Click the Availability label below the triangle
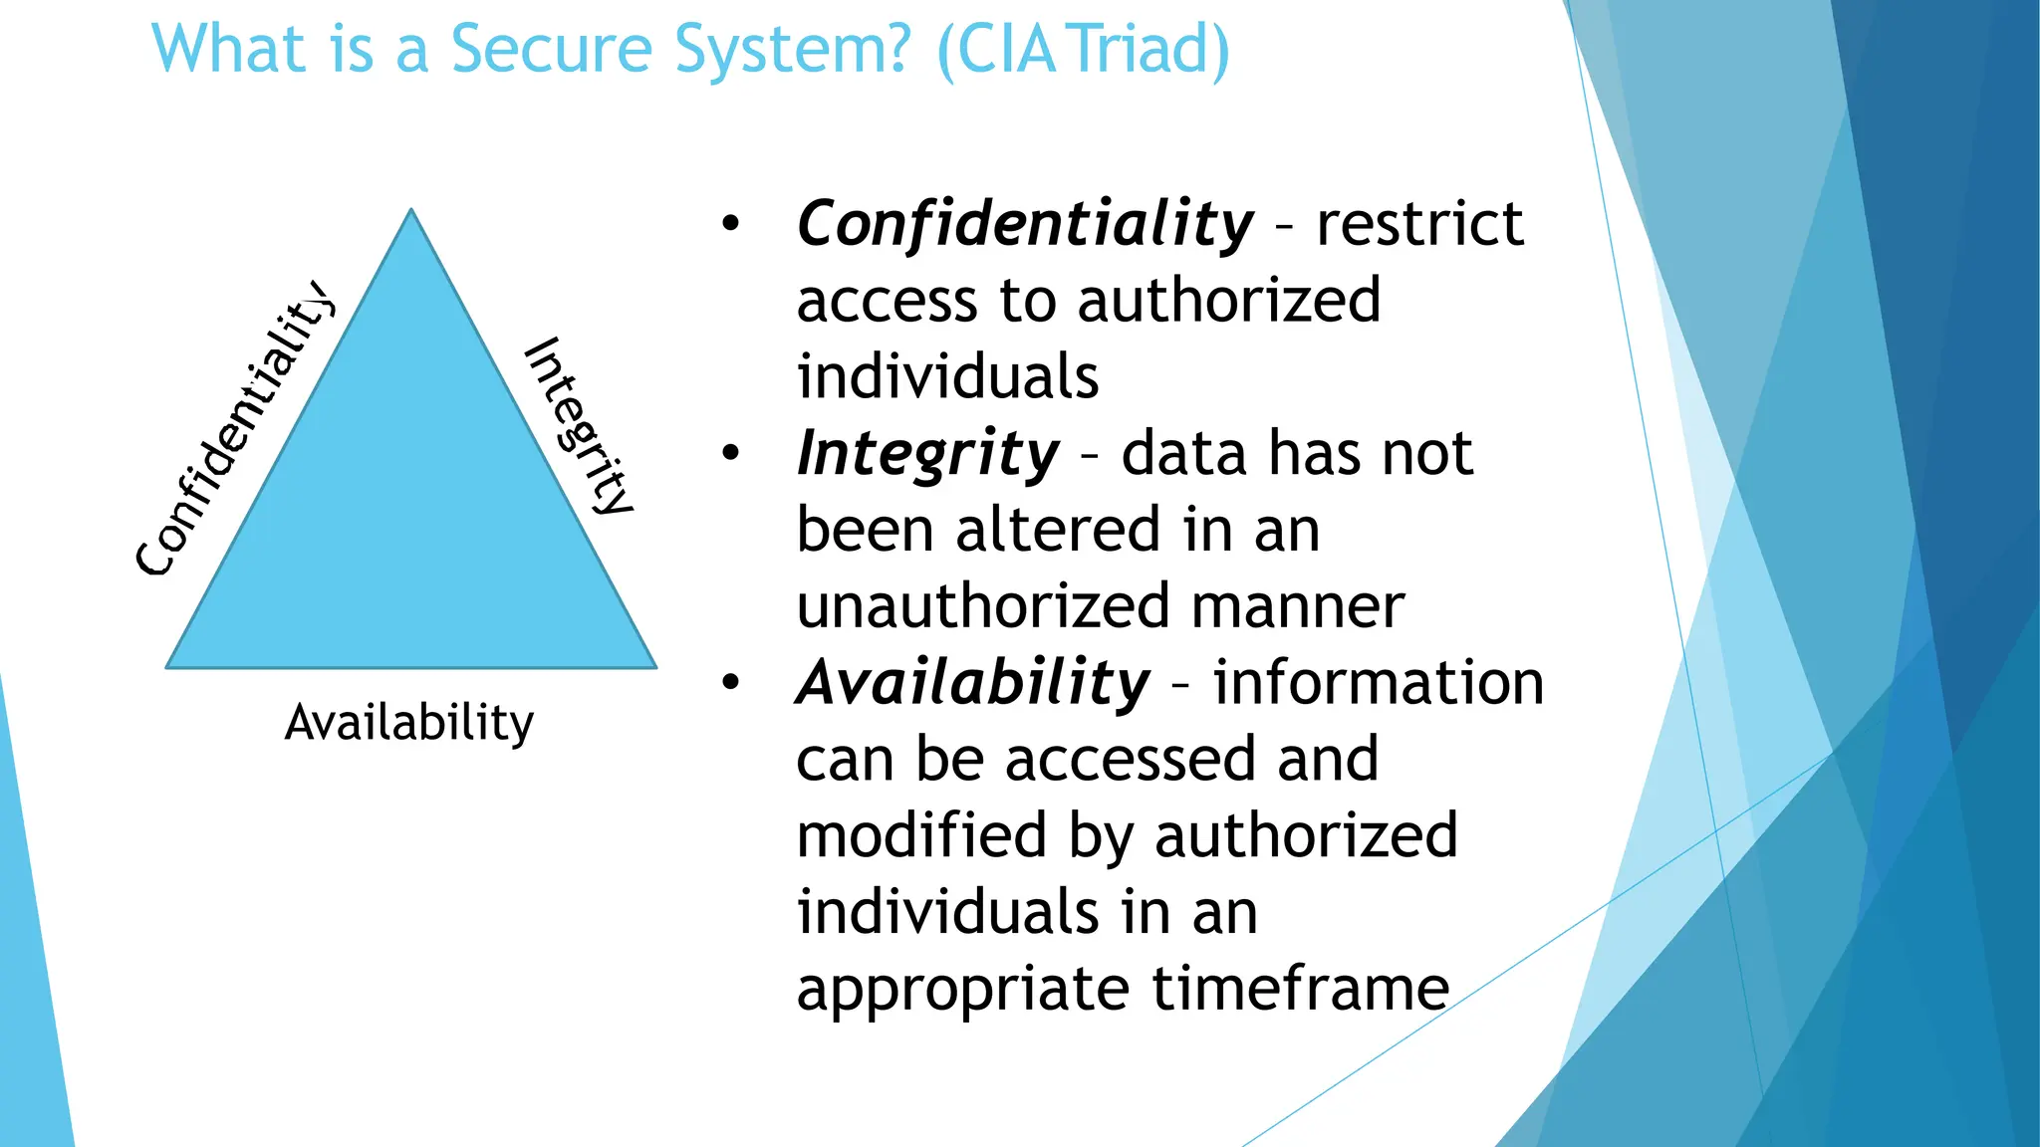coord(409,722)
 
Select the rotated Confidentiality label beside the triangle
coord(235,428)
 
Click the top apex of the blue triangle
coord(411,212)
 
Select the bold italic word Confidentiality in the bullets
coord(1025,223)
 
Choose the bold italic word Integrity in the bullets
coord(927,454)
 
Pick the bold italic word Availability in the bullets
coord(973,683)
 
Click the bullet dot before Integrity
coord(731,454)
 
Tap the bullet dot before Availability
coord(731,683)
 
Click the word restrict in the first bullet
coord(1419,223)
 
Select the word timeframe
coord(1300,988)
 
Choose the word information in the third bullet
coord(1379,683)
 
